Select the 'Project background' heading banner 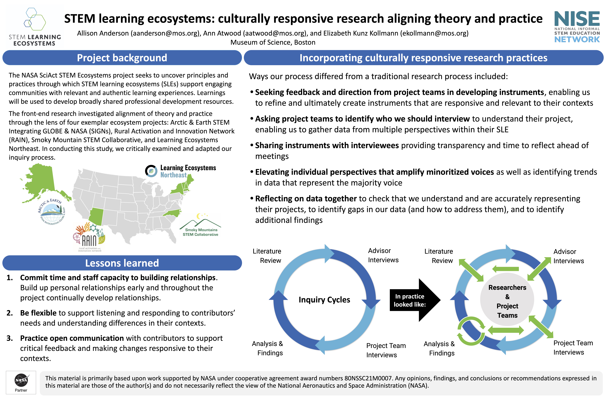point(122,58)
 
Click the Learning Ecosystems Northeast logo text point(181,171)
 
